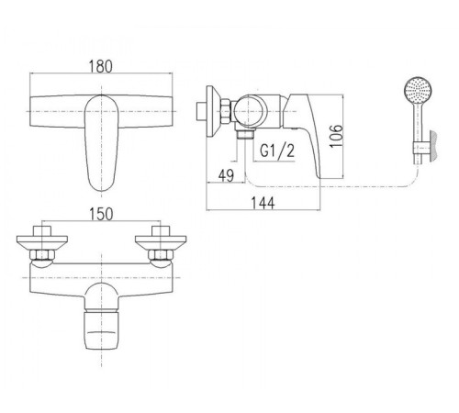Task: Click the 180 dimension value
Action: [101, 66]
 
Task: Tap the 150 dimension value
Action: [101, 214]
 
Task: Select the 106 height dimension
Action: [336, 136]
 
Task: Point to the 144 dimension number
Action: [263, 203]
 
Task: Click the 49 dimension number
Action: [226, 175]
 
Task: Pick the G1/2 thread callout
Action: [277, 151]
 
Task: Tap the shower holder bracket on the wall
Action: [421, 148]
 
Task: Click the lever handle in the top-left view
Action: [101, 142]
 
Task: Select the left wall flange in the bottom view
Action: [42, 242]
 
